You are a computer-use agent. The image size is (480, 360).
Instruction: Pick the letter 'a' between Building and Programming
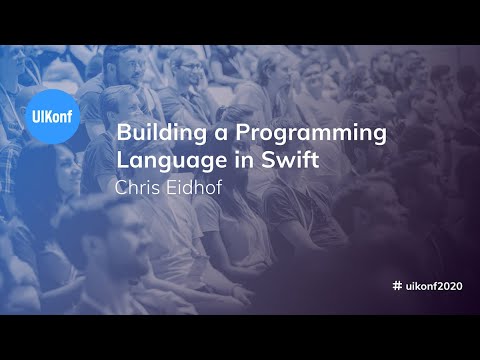point(206,134)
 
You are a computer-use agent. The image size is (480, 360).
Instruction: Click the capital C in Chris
point(123,186)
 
